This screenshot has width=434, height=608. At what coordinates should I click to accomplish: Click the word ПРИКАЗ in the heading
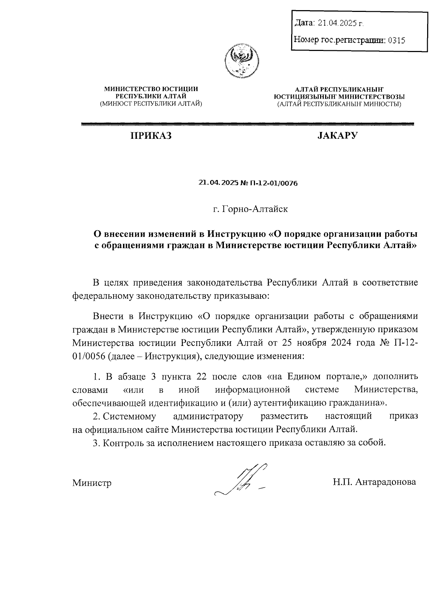151,136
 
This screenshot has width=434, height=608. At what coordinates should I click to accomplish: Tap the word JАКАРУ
338,136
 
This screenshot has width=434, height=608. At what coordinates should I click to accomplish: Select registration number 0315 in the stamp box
396,40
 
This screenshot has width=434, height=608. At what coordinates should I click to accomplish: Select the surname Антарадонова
386,482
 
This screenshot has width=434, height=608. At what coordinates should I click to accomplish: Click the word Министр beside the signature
92,483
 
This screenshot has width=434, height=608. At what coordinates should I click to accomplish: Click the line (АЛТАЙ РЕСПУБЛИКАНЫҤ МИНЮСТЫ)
339,104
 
